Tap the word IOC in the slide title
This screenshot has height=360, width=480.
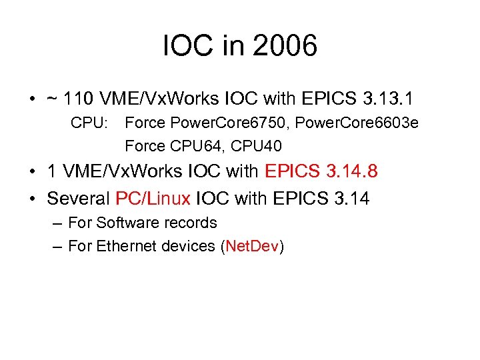click(x=185, y=47)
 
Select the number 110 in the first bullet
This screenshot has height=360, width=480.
click(x=79, y=99)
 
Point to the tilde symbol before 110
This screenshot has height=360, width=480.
click(x=52, y=100)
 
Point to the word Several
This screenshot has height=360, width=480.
click(x=79, y=198)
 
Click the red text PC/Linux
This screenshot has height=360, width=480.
click(x=153, y=198)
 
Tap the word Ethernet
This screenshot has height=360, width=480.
click(x=127, y=246)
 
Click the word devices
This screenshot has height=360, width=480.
click(x=188, y=246)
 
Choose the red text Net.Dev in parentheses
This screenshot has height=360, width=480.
click(x=252, y=246)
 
